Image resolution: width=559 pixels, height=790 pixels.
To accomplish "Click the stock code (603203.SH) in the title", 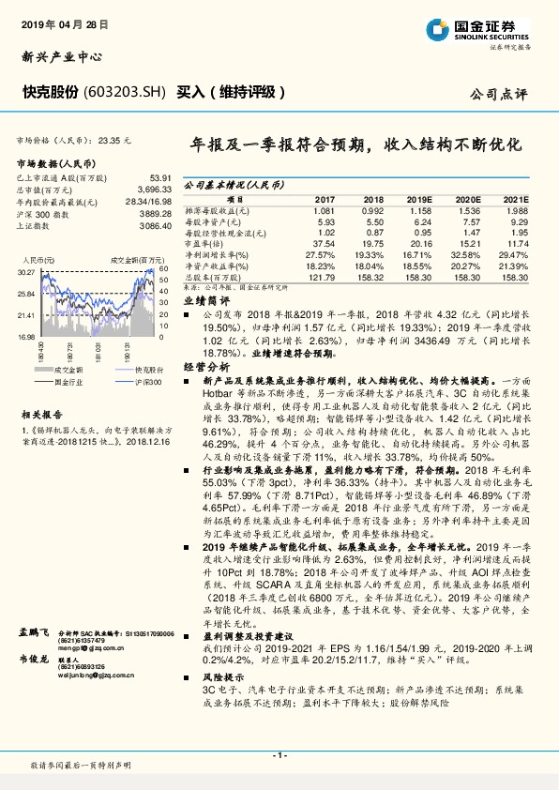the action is click(126, 92).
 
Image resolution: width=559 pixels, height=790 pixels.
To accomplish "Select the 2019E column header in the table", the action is click(419, 200).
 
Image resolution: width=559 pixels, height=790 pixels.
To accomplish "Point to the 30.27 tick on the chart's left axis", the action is click(25, 271).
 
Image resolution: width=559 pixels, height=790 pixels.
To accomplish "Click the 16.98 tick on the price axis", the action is click(25, 336).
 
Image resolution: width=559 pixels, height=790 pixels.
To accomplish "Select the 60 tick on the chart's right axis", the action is click(163, 269).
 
